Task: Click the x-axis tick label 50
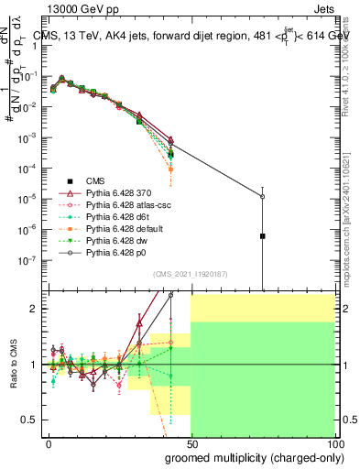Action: click(191, 443)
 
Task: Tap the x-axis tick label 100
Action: click(334, 443)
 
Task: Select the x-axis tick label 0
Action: click(48, 443)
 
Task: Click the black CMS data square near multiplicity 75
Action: click(263, 236)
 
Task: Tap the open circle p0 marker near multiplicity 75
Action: click(263, 196)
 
